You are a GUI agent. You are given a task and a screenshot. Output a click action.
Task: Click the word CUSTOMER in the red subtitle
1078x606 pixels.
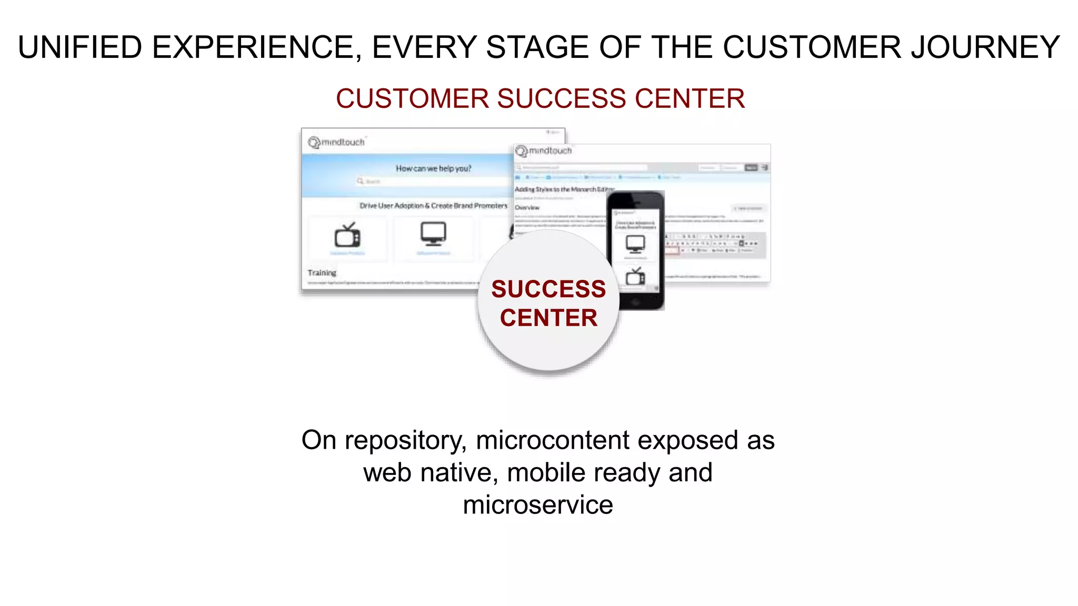pyautogui.click(x=412, y=99)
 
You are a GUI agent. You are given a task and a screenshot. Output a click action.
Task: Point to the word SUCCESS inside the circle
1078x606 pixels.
pyautogui.click(x=548, y=289)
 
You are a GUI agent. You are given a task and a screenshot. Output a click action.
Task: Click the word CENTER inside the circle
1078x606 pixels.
pyautogui.click(x=548, y=318)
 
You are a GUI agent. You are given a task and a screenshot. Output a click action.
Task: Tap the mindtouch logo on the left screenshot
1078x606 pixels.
pyautogui.click(x=337, y=142)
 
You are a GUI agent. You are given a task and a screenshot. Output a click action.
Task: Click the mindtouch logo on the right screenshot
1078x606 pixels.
pyautogui.click(x=544, y=151)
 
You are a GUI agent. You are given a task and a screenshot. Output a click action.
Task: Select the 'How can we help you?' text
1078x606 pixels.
pyautogui.click(x=433, y=168)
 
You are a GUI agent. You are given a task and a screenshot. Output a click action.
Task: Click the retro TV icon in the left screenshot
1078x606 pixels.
pyautogui.click(x=347, y=235)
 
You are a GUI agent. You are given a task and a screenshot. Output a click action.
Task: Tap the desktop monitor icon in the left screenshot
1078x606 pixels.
pyautogui.click(x=433, y=233)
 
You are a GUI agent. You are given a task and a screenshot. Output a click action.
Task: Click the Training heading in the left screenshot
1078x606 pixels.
pyautogui.click(x=322, y=272)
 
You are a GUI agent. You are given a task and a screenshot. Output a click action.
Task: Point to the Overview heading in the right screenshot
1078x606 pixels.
pyautogui.click(x=527, y=207)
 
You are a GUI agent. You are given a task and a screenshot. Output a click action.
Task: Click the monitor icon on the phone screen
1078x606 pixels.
pyautogui.click(x=635, y=244)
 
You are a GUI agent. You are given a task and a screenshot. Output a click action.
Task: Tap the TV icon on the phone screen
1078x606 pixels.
pyautogui.click(x=635, y=276)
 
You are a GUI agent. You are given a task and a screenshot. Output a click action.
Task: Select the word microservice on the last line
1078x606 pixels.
pyautogui.click(x=538, y=505)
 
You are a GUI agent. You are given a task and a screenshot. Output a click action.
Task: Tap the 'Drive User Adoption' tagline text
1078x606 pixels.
pyautogui.click(x=433, y=206)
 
